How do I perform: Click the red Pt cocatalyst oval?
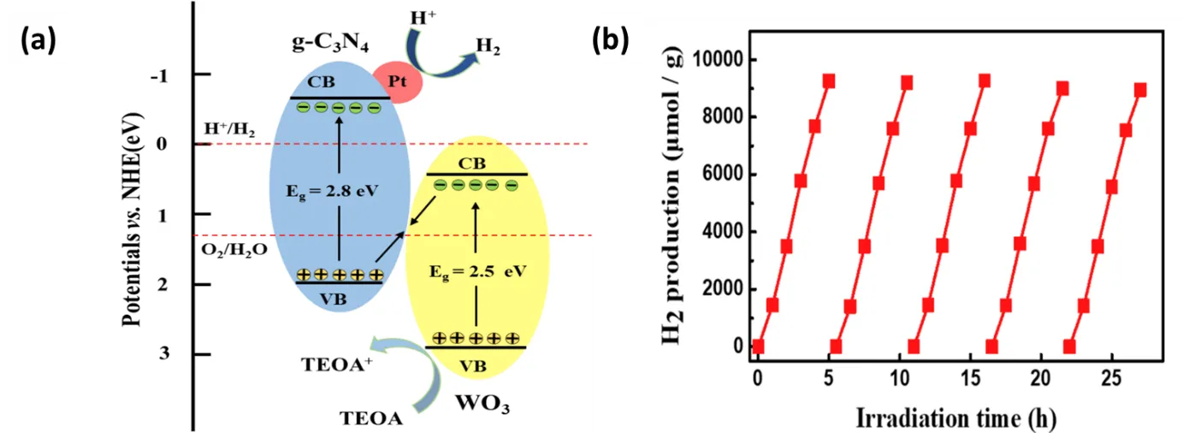pos(397,82)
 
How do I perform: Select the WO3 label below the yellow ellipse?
pos(482,404)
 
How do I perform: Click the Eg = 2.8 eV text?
pos(332,191)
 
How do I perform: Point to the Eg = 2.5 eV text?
pos(478,272)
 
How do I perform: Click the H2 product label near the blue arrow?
pos(488,46)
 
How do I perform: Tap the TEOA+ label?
pos(336,365)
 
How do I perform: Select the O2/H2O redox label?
pos(234,249)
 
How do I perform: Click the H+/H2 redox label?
pos(229,129)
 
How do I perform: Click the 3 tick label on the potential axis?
pos(164,353)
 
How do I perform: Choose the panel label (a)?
pos(38,41)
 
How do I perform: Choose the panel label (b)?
pos(610,40)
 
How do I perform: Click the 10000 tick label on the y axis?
pos(717,59)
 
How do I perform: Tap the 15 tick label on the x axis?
pos(970,378)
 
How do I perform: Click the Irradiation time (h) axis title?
pos(956,418)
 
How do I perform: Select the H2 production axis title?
pos(671,196)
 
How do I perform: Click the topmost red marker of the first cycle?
pos(829,80)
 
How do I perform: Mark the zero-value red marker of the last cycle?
pos(1069,347)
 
